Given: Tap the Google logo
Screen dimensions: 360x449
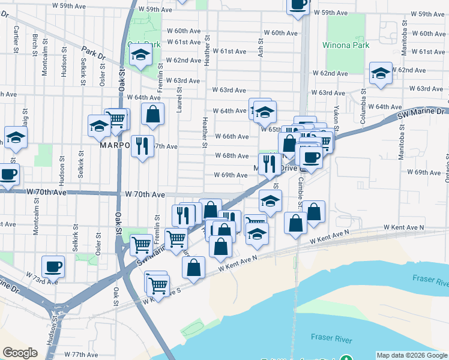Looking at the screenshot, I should pyautogui.click(x=20, y=353).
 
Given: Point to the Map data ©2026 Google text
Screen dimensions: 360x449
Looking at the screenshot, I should pyautogui.click(x=411, y=355).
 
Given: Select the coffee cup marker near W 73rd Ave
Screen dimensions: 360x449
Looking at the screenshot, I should pyautogui.click(x=53, y=266).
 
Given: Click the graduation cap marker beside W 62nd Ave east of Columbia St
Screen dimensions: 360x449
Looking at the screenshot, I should pyautogui.click(x=381, y=74).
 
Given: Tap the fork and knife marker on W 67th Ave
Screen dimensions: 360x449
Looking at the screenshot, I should pyautogui.click(x=142, y=146).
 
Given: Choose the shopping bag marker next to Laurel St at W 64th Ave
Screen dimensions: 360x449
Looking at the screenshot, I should pyautogui.click(x=153, y=114).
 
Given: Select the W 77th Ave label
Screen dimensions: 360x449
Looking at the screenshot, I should pyautogui.click(x=81, y=355).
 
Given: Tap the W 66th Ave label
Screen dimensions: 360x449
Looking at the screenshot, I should pyautogui.click(x=232, y=137).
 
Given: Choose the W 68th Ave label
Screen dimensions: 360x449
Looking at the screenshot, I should pyautogui.click(x=232, y=156).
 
